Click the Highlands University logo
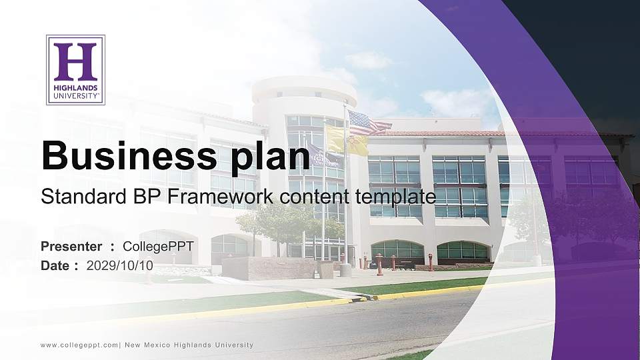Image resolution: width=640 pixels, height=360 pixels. tap(75, 70)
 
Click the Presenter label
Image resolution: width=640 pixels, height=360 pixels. tap(71, 247)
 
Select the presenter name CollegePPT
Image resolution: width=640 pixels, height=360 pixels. tap(159, 247)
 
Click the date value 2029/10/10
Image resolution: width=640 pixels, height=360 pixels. tap(120, 265)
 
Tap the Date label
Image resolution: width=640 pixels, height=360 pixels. tap(55, 265)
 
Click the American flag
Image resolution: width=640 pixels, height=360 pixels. tap(369, 123)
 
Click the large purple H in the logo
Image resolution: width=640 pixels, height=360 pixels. tap(75, 61)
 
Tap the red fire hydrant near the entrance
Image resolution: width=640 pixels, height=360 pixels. tap(379, 265)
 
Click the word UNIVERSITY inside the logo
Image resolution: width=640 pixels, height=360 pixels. tap(75, 95)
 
